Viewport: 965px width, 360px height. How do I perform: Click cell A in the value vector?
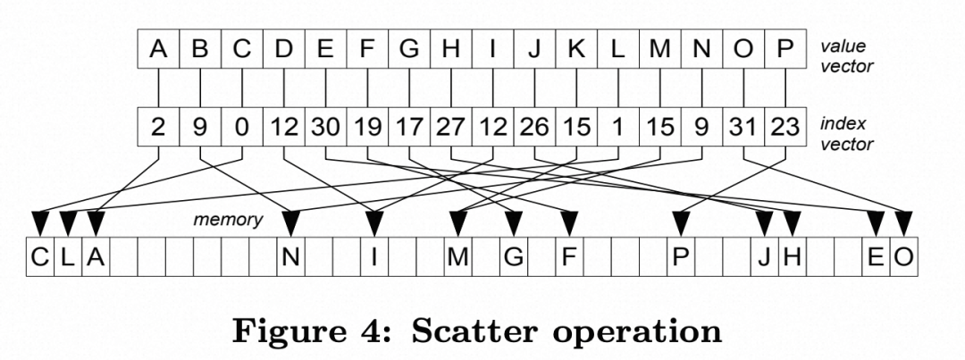click(158, 48)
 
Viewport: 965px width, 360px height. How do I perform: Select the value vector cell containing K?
click(576, 48)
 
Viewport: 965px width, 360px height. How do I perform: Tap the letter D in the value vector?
click(283, 48)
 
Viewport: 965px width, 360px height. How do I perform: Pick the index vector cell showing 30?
click(325, 127)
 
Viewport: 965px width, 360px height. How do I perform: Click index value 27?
click(450, 127)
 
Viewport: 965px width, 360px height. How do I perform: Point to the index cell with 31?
click(743, 127)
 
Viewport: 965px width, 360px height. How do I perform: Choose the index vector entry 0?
click(241, 127)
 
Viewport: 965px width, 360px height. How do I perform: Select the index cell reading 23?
click(785, 127)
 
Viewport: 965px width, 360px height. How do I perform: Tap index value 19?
click(367, 127)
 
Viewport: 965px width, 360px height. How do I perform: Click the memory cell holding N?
click(290, 256)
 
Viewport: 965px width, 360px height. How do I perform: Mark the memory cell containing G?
click(513, 256)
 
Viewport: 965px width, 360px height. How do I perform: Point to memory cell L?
click(67, 256)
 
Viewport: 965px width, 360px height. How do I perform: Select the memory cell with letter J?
click(764, 256)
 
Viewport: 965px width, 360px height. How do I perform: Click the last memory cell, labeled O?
click(903, 256)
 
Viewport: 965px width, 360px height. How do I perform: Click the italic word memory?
click(229, 219)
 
